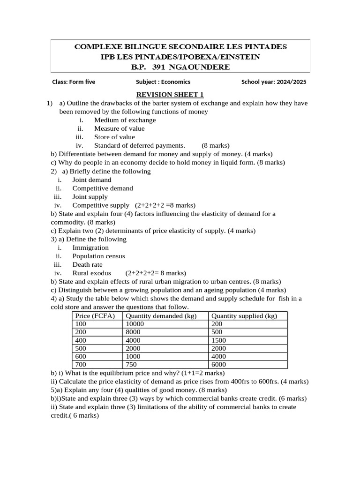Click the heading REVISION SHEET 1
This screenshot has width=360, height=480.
click(170, 95)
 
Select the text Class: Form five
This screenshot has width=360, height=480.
click(74, 82)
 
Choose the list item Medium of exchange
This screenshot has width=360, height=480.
click(125, 120)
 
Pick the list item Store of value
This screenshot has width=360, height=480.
click(114, 137)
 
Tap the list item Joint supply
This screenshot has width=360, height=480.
click(90, 197)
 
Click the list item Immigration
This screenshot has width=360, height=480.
click(90, 247)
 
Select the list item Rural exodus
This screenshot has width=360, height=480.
click(92, 273)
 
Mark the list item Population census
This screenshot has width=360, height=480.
click(98, 256)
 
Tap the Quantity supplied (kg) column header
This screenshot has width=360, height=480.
click(244, 316)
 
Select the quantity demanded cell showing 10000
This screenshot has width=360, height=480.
click(135, 324)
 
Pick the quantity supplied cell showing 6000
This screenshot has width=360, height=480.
click(218, 365)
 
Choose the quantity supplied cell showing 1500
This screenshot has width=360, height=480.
click(218, 340)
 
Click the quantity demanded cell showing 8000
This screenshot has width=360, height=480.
click(133, 332)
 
